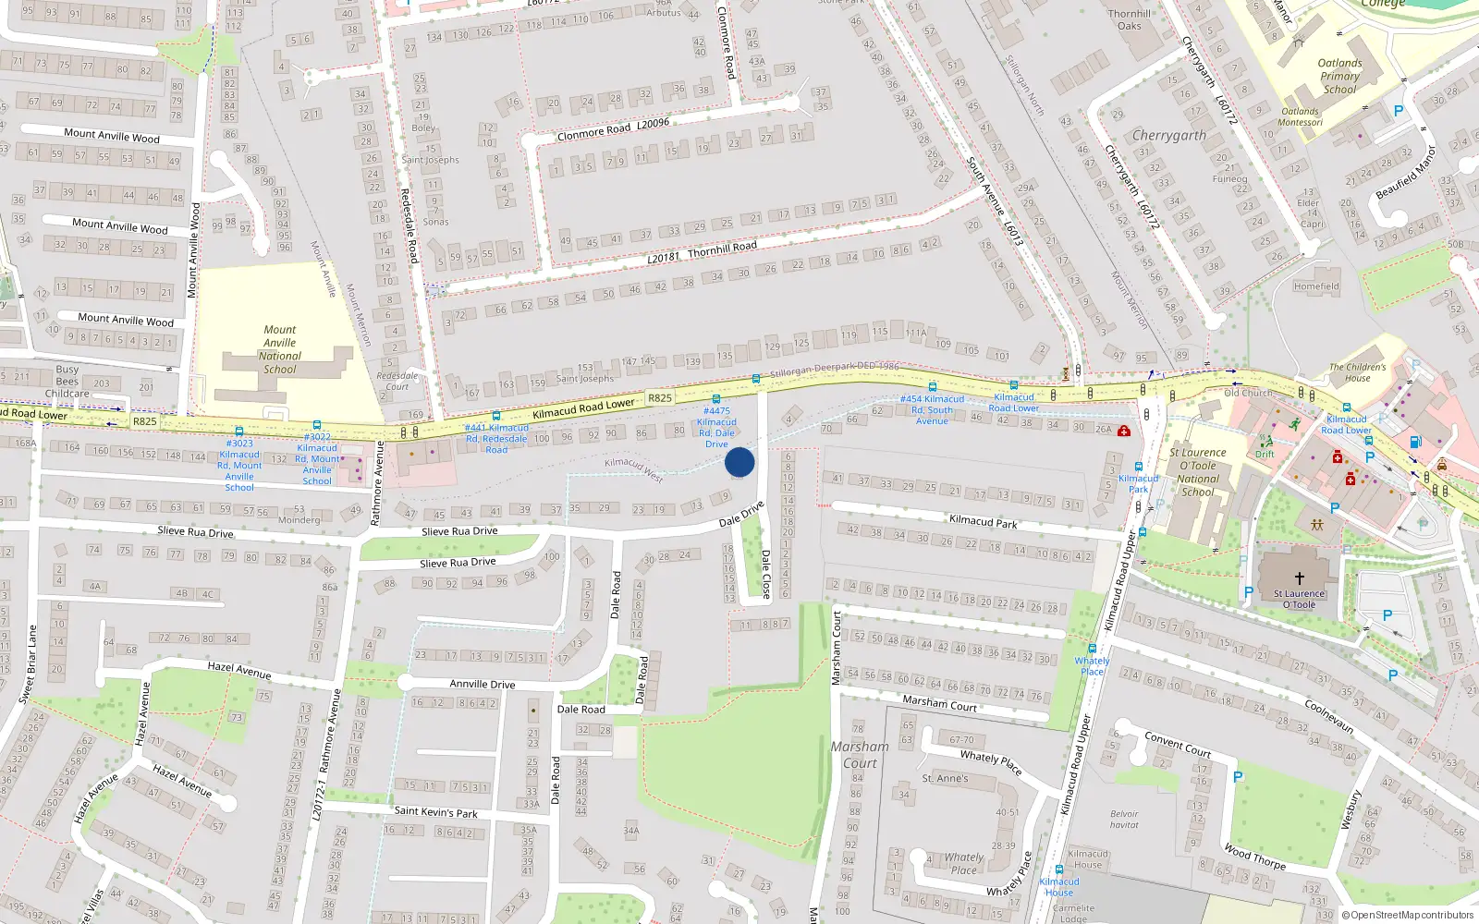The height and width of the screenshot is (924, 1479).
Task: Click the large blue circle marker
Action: coord(739,462)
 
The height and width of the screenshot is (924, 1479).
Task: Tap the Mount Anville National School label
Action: coord(280,349)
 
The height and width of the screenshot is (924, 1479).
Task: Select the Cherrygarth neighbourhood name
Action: coord(1168,136)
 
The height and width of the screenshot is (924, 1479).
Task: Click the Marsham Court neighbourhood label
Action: coord(859,754)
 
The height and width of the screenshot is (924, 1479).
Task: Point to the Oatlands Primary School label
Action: coord(1339,77)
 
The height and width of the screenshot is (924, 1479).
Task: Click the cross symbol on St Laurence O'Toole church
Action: coord(1299,577)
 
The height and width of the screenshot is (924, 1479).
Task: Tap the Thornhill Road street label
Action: coord(721,248)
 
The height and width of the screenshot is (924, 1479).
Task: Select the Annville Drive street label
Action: coord(482,684)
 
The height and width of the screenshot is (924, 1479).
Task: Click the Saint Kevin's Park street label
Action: coord(435,812)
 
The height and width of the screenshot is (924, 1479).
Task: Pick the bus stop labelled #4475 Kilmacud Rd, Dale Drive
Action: coord(716,427)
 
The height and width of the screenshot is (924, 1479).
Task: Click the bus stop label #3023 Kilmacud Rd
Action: coord(239,465)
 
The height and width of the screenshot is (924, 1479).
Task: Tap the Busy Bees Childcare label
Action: coord(67,381)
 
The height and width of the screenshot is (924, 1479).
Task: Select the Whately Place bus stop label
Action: coord(1092,665)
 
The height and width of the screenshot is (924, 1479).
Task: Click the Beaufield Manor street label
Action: coord(1406,172)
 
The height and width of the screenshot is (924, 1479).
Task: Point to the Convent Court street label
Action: coord(1177,744)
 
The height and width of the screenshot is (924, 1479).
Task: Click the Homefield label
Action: coord(1316,286)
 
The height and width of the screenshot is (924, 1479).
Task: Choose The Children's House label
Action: coord(1357,372)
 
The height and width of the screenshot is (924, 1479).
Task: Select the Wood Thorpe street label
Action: coord(1254,857)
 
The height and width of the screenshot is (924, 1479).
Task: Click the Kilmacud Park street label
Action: coord(983,521)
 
